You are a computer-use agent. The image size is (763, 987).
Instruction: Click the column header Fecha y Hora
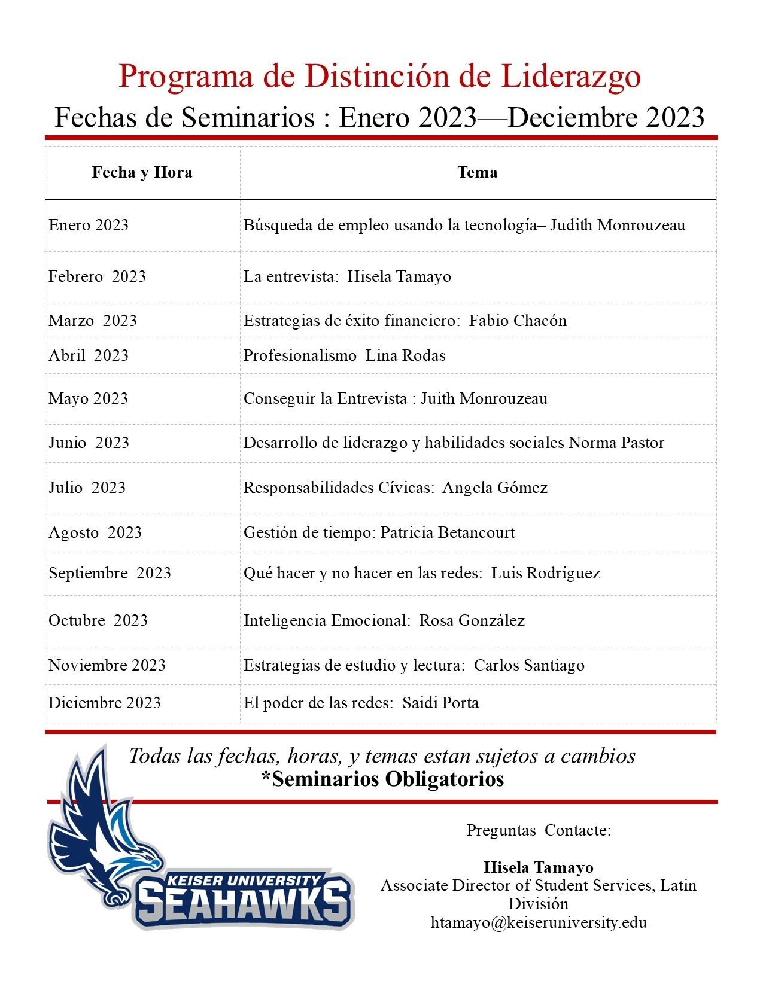point(142,173)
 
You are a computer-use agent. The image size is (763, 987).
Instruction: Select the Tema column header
point(477,173)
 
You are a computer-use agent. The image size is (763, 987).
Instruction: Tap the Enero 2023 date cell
point(89,225)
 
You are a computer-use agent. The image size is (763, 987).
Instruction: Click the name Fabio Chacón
point(518,321)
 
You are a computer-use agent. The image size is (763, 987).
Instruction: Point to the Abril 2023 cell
point(89,355)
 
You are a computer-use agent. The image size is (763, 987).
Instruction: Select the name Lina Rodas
point(406,355)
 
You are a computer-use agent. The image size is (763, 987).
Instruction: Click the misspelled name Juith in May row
point(435,398)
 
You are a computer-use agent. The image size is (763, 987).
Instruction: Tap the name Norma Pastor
point(616,443)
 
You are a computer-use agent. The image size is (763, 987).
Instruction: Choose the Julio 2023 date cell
point(87,487)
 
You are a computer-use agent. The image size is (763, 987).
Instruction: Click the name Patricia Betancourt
point(448,532)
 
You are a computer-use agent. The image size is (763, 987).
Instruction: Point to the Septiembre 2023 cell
point(110,573)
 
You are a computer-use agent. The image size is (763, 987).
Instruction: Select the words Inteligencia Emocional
point(327,620)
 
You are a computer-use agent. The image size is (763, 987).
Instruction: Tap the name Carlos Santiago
point(529,665)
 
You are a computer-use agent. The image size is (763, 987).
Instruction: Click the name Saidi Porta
point(440,702)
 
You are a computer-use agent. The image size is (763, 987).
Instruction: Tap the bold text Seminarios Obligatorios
point(383,779)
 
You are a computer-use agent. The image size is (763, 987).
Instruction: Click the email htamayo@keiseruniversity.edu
point(539,922)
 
